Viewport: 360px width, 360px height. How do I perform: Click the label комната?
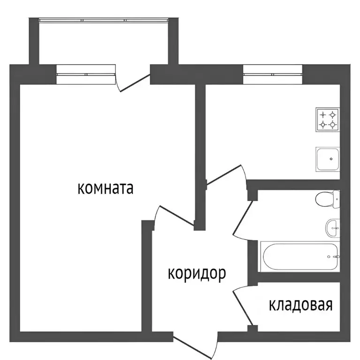[x=105, y=188]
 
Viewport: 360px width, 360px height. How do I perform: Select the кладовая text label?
[x=300, y=305]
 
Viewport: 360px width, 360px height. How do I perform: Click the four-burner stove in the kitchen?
[x=328, y=119]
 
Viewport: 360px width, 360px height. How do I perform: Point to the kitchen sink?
[x=327, y=159]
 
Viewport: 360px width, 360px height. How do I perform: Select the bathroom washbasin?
[x=332, y=228]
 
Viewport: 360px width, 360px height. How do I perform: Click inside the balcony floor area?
[x=104, y=42]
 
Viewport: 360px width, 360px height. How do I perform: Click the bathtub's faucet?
[x=335, y=257]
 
